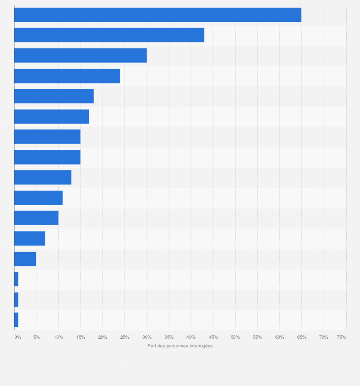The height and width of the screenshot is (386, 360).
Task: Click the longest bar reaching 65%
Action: [x=158, y=15]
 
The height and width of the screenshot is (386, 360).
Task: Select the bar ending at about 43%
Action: [x=109, y=35]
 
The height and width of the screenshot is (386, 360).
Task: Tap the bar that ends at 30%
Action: [x=80, y=55]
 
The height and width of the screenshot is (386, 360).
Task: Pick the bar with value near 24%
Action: [x=67, y=76]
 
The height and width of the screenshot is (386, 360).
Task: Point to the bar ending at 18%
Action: [x=54, y=96]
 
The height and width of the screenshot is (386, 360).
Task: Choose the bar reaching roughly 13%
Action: [x=42, y=177]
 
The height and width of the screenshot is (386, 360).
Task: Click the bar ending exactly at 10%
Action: [x=36, y=218]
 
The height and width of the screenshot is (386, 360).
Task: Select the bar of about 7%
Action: [x=30, y=239]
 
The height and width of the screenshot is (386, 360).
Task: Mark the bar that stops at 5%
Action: [x=25, y=259]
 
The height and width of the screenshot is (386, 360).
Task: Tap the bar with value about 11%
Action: [x=38, y=198]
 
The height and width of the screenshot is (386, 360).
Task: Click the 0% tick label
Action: [x=18, y=337]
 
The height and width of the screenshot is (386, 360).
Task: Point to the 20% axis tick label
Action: [x=103, y=337]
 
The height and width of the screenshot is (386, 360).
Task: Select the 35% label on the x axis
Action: [x=169, y=337]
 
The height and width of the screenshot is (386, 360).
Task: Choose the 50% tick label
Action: [x=235, y=337]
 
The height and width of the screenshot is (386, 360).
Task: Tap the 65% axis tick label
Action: [x=302, y=337]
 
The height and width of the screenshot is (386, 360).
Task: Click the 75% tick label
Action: [x=341, y=337]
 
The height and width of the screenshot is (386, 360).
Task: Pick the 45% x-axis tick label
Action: [x=213, y=337]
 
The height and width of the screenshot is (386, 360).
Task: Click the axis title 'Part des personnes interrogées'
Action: [x=180, y=346]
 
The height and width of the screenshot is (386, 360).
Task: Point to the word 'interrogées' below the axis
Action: [x=201, y=346]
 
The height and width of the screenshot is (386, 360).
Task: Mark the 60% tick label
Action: [x=280, y=337]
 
